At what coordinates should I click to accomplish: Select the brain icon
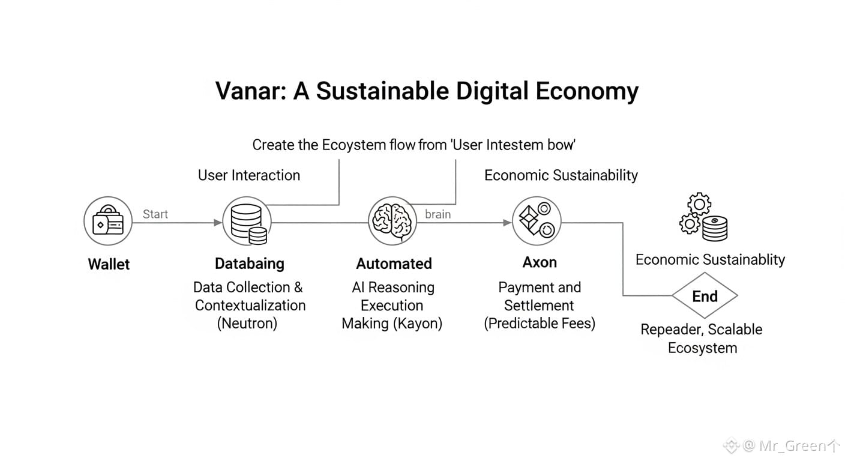392,223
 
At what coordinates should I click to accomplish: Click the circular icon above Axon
536,221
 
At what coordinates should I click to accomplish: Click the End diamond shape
705,296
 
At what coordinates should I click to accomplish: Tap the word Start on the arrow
155,214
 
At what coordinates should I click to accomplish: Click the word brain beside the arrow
438,214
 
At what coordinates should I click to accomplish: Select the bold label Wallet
109,264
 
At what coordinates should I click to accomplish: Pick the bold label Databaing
250,264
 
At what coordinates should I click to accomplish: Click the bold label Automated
394,264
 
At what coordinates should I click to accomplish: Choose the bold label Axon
540,262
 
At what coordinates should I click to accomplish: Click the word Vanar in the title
246,91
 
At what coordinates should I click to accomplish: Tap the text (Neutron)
247,324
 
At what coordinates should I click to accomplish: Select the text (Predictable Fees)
540,324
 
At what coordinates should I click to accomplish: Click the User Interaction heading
249,175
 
